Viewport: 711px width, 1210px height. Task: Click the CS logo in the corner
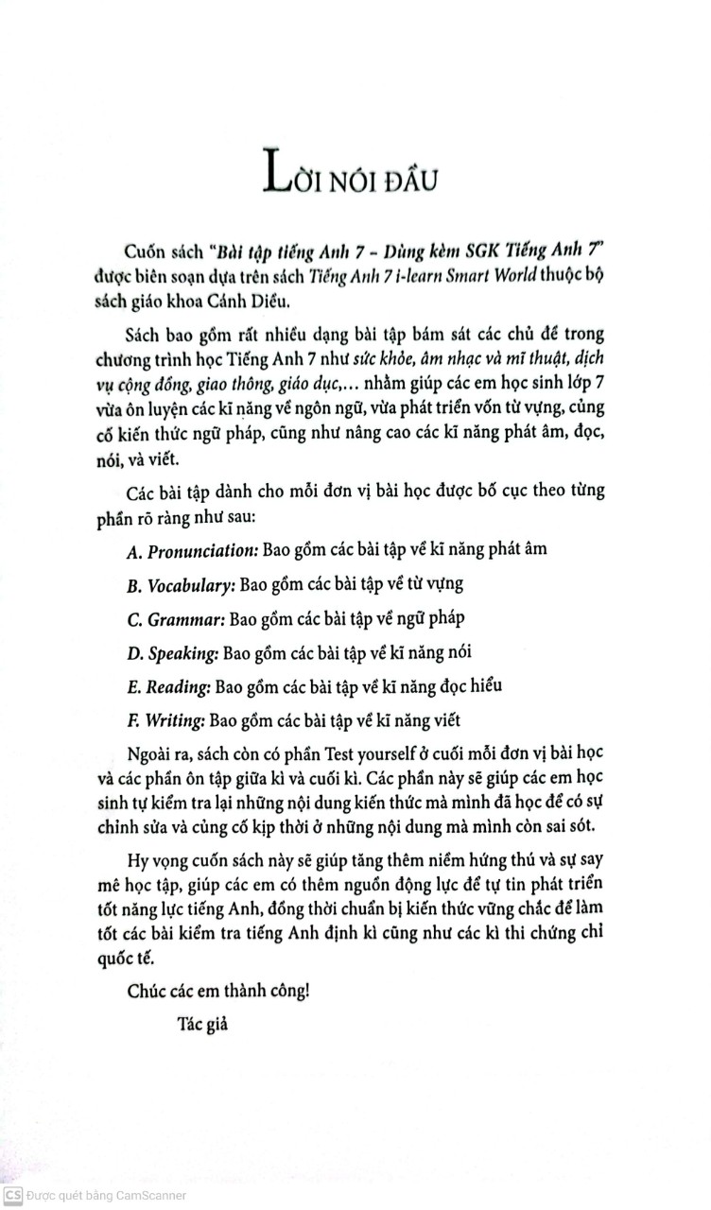pyautogui.click(x=12, y=1195)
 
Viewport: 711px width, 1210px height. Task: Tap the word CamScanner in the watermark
pyautogui.click(x=150, y=1195)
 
